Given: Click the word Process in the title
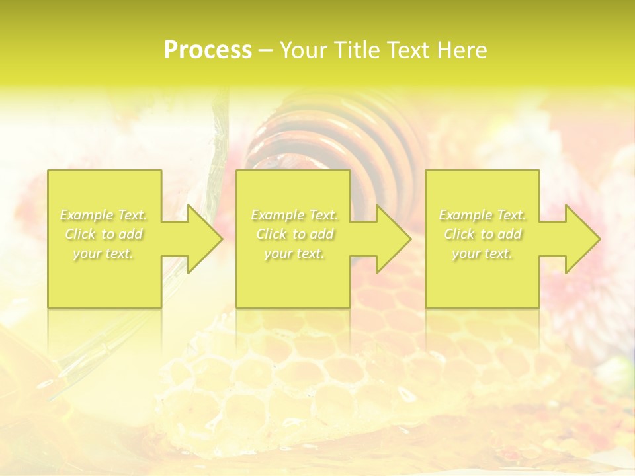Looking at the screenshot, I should pos(208,50).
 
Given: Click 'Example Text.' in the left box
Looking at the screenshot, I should pos(104,215).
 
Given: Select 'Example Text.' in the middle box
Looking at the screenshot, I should pos(294,215).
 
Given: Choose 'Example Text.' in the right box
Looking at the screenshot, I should pos(482,215).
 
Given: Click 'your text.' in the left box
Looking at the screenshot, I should pos(104,253).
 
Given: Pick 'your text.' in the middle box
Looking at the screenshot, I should pos(294,253).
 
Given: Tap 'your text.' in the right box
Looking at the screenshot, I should pos(482,253).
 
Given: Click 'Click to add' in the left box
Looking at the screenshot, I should pos(104,234).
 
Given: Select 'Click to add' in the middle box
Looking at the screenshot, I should pos(294,234).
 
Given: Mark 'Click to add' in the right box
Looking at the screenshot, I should pos(482,234).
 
